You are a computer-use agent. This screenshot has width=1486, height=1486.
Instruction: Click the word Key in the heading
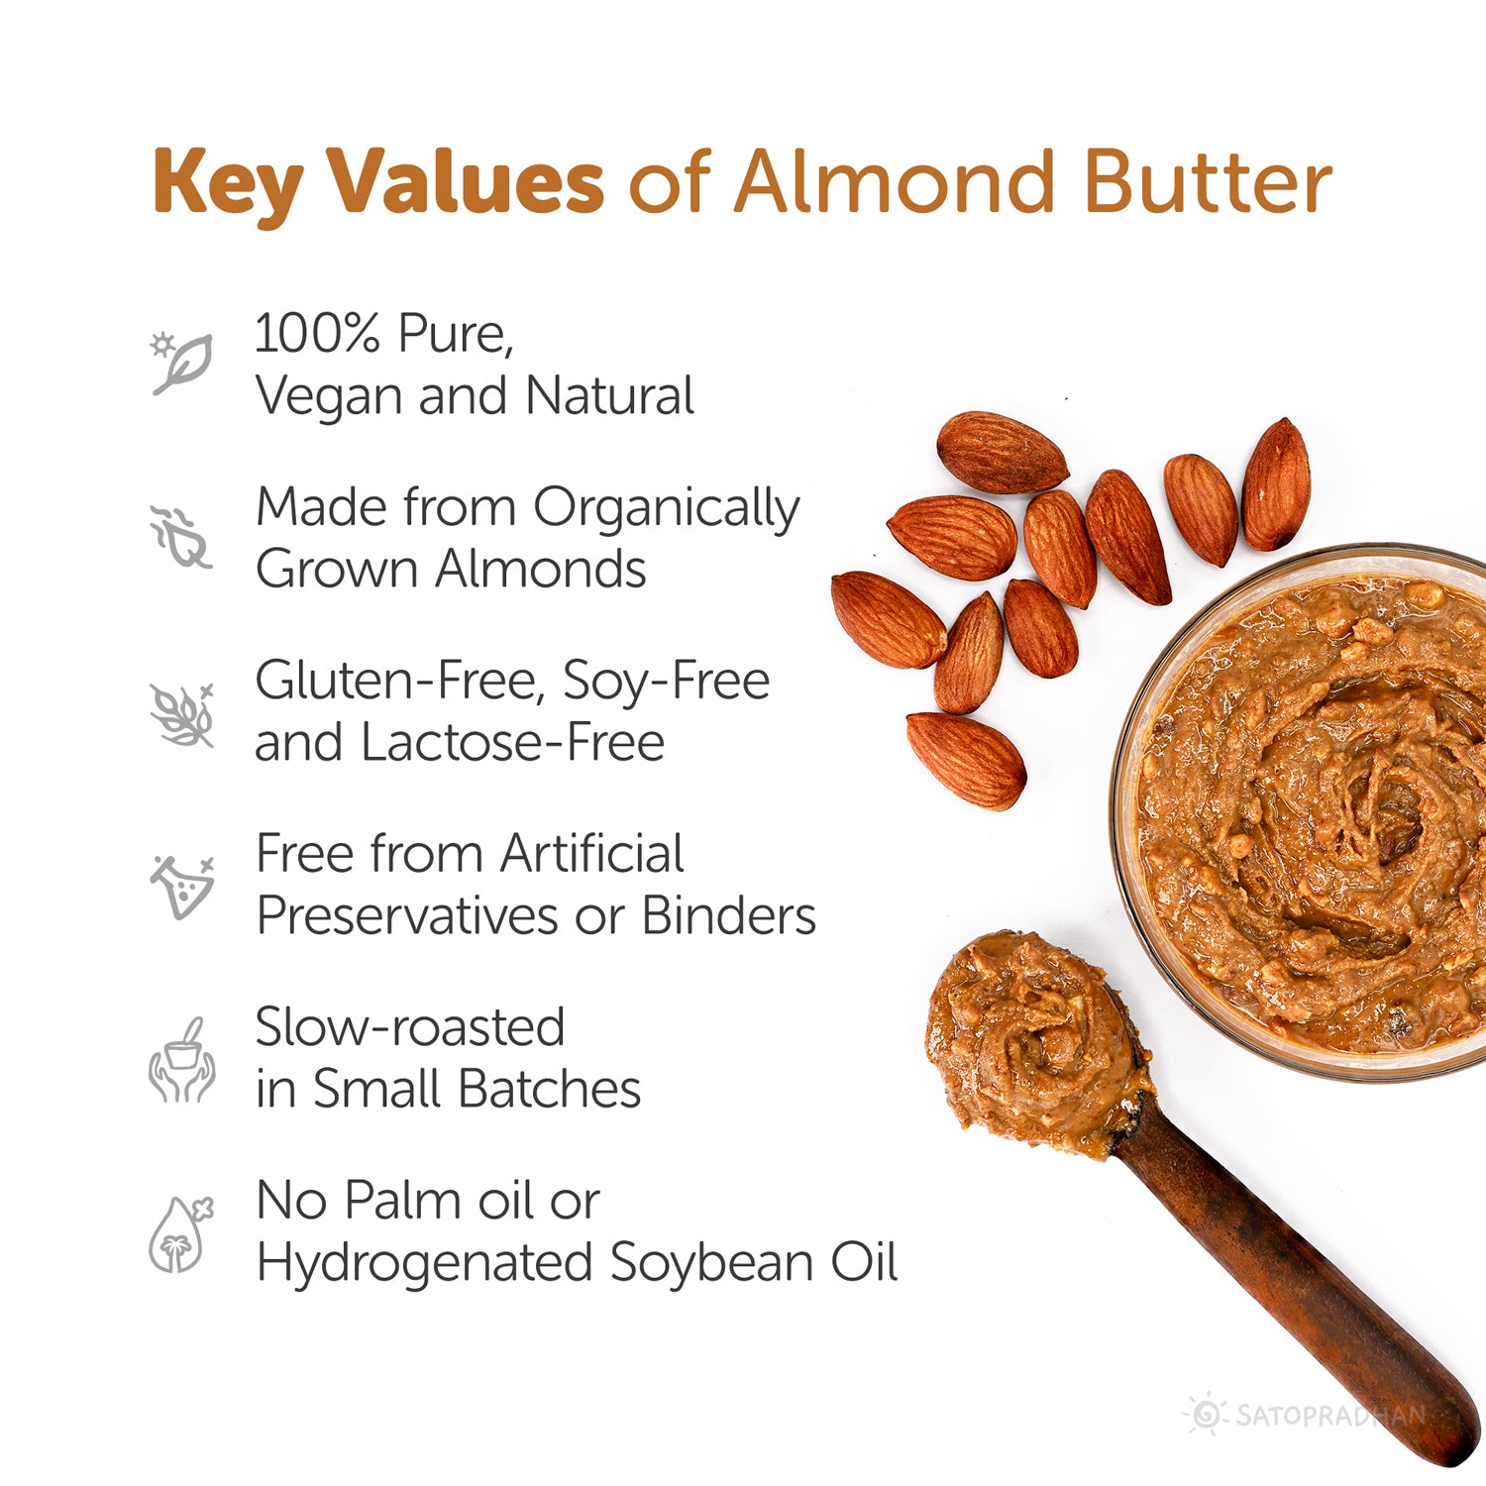tap(227, 183)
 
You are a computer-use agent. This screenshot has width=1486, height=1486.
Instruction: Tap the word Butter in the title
tap(1207, 183)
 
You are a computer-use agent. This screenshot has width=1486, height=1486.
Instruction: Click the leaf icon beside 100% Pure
tap(182, 364)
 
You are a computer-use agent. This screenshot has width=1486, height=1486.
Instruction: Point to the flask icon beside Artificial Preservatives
tap(182, 886)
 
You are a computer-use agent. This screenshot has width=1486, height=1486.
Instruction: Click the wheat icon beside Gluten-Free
tap(182, 713)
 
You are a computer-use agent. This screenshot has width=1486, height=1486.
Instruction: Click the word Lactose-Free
tap(512, 742)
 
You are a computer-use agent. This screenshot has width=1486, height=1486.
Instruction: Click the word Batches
tap(549, 1090)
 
